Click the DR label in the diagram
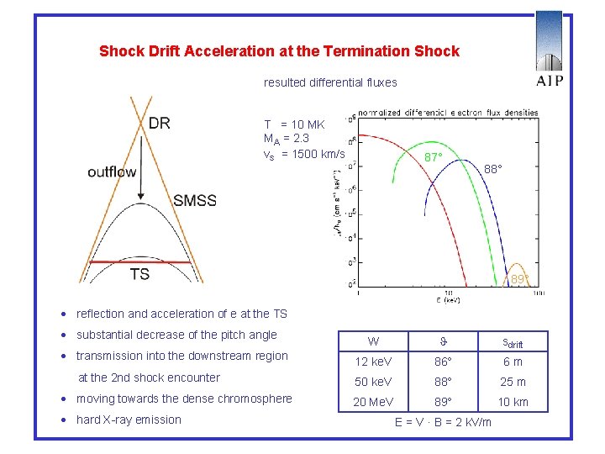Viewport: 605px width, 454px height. coord(159,124)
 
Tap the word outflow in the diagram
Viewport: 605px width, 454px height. coord(112,172)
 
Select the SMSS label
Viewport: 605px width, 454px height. coord(195,200)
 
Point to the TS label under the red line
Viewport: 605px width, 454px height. coord(139,274)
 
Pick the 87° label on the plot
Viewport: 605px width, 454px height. coord(434,157)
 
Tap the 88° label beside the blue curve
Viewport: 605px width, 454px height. coord(493,169)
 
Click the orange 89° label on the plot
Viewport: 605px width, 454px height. coord(521,279)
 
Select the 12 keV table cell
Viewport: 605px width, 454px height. coord(373,362)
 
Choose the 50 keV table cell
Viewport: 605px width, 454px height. coord(373,382)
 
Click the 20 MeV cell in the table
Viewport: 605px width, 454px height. coord(371,402)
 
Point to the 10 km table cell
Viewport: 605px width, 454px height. coord(513,402)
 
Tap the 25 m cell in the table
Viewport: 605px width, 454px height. coord(513,382)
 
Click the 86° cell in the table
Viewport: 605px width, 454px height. coord(444,362)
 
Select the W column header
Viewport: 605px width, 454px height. coord(373,341)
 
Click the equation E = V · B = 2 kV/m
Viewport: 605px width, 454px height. coord(443,422)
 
